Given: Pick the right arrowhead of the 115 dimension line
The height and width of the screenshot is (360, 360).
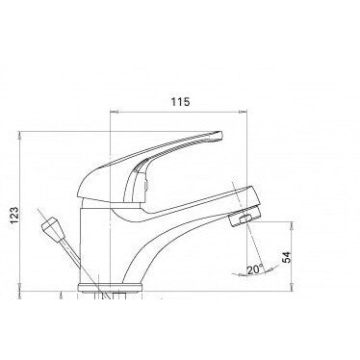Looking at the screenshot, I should click(x=249, y=112).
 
